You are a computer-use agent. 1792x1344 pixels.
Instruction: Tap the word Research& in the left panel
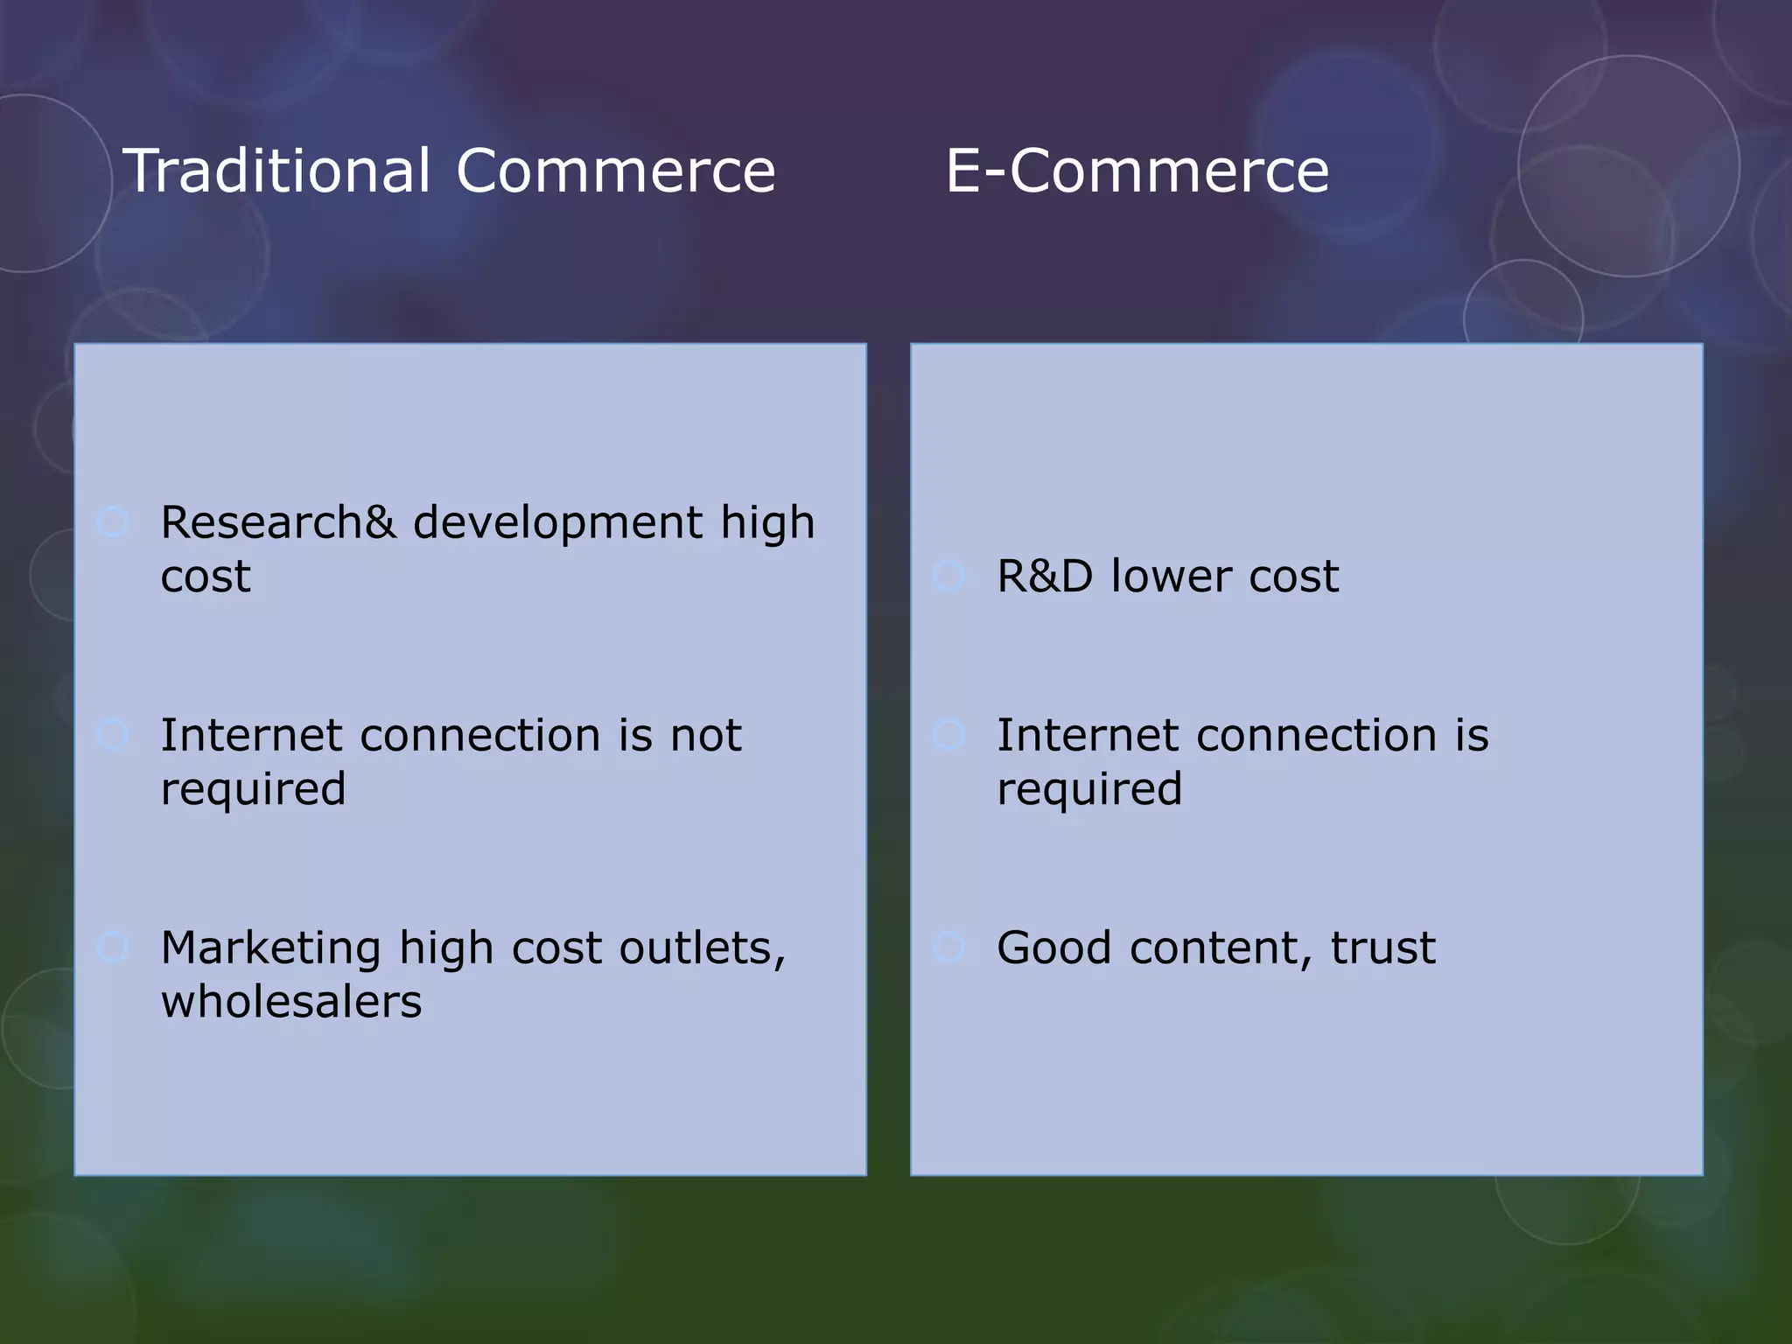[x=278, y=523]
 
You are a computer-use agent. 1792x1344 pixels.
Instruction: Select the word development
[x=557, y=523]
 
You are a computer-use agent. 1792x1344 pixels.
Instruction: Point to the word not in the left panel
[x=705, y=735]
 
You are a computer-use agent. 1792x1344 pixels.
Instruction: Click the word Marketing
[x=271, y=949]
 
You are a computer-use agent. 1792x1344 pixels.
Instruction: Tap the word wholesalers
[x=291, y=1002]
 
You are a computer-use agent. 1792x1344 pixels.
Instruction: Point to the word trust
[x=1382, y=948]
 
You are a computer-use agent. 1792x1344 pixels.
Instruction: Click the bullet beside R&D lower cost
[x=949, y=577]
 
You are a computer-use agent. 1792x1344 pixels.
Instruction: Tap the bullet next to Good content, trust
[x=949, y=947]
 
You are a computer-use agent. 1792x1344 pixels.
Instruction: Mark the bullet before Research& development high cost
[x=113, y=522]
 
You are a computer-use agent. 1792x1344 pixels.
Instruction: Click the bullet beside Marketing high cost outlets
[x=113, y=947]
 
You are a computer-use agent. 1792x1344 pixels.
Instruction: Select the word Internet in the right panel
[x=1087, y=735]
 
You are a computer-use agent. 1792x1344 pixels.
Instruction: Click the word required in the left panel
[x=253, y=790]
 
